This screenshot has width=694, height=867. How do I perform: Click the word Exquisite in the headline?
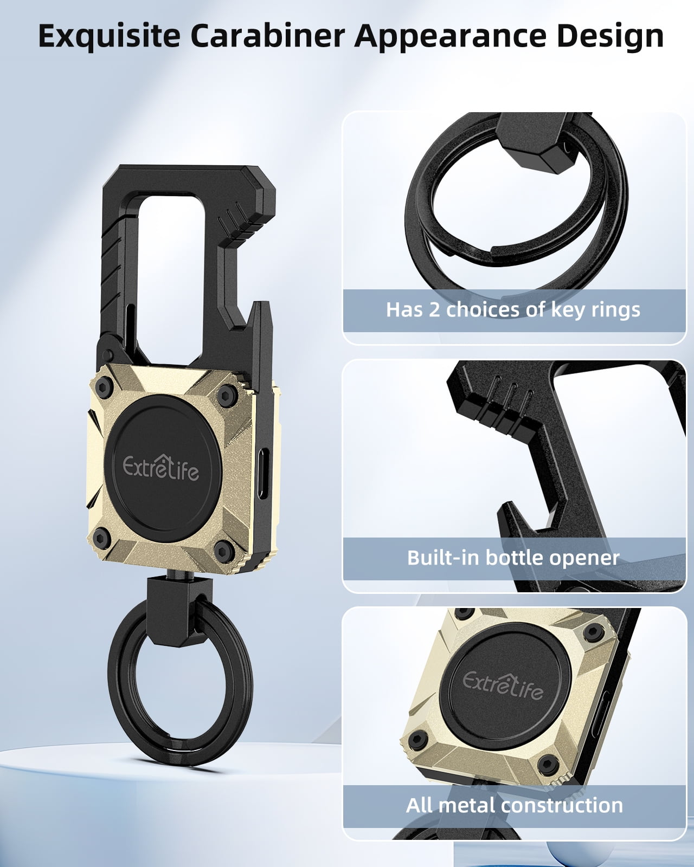click(x=109, y=37)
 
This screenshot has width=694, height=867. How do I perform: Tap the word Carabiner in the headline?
click(x=268, y=36)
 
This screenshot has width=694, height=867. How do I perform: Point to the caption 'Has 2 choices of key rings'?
click(x=513, y=310)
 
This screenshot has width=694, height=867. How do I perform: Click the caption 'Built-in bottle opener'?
click(x=513, y=558)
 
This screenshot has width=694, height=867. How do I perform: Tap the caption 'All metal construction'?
click(x=514, y=805)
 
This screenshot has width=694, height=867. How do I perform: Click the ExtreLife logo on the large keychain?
click(x=161, y=468)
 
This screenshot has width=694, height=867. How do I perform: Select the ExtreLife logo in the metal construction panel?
click(x=503, y=685)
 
